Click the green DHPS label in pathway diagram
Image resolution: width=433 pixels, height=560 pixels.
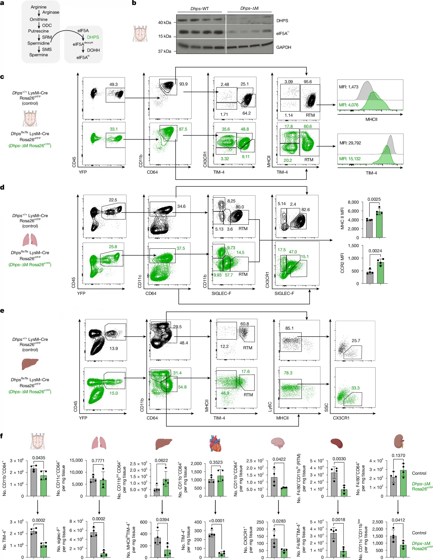(x=93, y=37)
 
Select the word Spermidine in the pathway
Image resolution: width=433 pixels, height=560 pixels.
(x=39, y=43)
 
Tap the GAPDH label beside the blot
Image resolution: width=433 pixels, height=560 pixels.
(x=283, y=47)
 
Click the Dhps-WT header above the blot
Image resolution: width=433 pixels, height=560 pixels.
(x=199, y=9)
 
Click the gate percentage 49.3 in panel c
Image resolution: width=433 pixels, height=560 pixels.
(x=113, y=84)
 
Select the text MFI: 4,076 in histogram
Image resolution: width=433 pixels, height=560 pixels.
(x=348, y=105)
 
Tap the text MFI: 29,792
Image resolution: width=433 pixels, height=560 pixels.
(x=350, y=143)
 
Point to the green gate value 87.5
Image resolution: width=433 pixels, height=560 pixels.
(x=183, y=129)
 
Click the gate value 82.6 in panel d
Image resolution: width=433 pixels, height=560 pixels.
(x=305, y=210)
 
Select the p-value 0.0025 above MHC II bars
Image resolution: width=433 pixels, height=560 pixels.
(x=374, y=199)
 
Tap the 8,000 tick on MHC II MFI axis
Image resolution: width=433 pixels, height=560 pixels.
(x=353, y=202)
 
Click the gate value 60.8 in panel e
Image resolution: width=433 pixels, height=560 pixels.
(x=244, y=324)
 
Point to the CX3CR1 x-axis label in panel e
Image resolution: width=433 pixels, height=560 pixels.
(x=341, y=418)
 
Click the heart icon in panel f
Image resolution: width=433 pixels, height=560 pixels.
(x=215, y=443)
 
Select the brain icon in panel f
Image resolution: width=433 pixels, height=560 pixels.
(x=278, y=443)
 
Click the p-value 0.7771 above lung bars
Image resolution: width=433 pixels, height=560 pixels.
(x=98, y=461)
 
